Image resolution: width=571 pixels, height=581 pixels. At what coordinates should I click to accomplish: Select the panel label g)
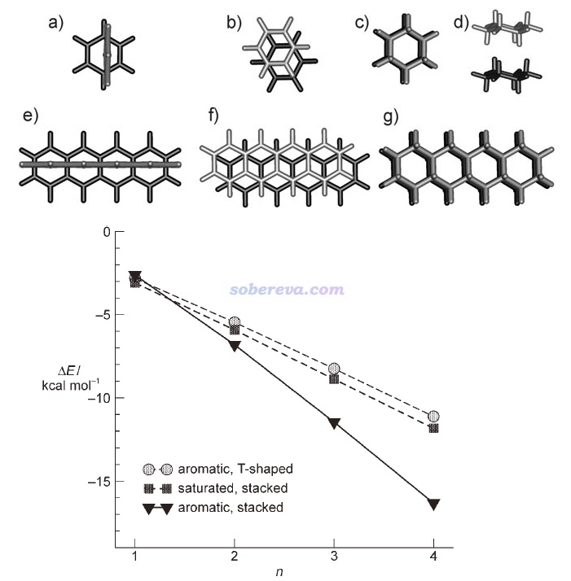click(390, 116)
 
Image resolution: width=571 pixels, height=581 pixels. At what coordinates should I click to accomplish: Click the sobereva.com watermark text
click(275, 289)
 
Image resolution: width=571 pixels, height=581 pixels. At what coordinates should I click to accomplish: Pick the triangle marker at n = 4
click(433, 505)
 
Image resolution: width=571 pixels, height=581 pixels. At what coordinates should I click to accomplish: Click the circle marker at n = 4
click(433, 417)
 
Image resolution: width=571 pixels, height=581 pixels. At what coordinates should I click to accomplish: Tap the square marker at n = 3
click(334, 379)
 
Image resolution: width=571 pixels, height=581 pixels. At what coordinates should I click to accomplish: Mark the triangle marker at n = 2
click(235, 347)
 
